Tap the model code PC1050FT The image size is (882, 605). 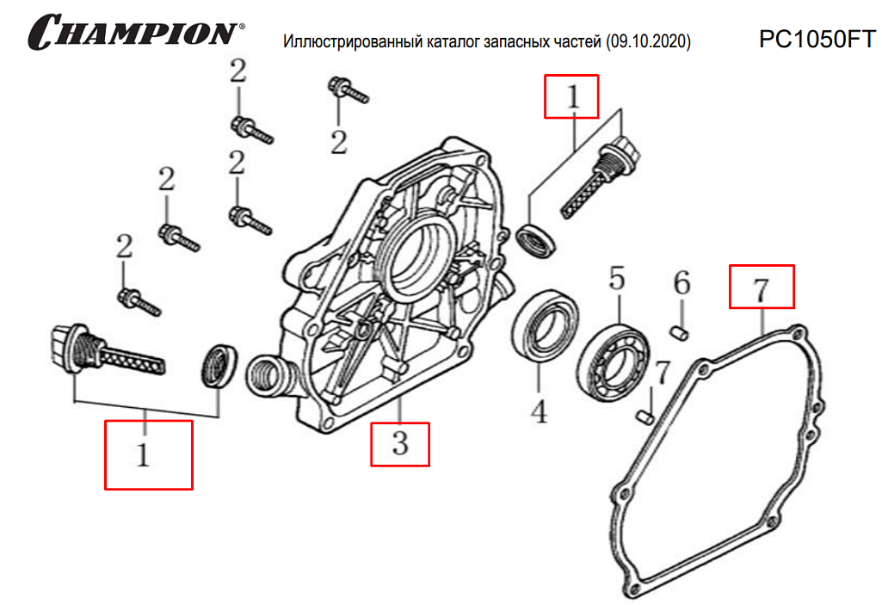pyautogui.click(x=816, y=40)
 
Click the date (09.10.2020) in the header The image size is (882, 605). pyautogui.click(x=648, y=41)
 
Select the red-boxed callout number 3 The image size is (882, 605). pyautogui.click(x=399, y=444)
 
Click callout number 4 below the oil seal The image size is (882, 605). pyautogui.click(x=539, y=411)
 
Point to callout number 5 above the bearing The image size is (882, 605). pyautogui.click(x=617, y=279)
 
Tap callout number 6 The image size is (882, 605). pyautogui.click(x=681, y=281)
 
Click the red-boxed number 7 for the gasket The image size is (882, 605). pyautogui.click(x=761, y=288)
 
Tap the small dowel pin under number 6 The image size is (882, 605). pyautogui.click(x=679, y=330)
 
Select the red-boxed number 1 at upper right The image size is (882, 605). pyautogui.click(x=571, y=96)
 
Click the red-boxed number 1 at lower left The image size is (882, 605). pyautogui.click(x=146, y=454)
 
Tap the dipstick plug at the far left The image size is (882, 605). pyautogui.click(x=102, y=350)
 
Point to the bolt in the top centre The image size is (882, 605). pyautogui.click(x=347, y=89)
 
